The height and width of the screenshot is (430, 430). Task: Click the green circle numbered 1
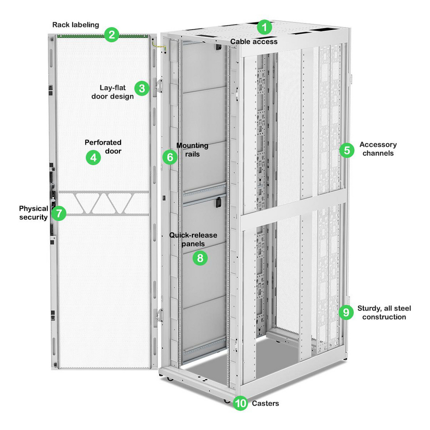pyautogui.click(x=264, y=27)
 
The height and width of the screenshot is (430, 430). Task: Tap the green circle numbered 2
pyautogui.click(x=111, y=35)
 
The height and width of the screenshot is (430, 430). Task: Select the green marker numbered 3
pyautogui.click(x=142, y=88)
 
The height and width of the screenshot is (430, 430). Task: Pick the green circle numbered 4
pyautogui.click(x=93, y=158)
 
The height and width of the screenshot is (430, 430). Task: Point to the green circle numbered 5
pyautogui.click(x=347, y=149)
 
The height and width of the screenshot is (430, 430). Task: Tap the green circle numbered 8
pyautogui.click(x=200, y=258)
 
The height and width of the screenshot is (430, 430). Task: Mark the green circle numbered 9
pyautogui.click(x=346, y=312)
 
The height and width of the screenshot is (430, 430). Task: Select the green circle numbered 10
pyautogui.click(x=240, y=403)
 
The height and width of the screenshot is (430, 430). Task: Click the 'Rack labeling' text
pyautogui.click(x=76, y=24)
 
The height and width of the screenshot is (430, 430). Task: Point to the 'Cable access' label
pyautogui.click(x=254, y=41)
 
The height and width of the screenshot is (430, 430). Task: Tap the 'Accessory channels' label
pyautogui.click(x=378, y=149)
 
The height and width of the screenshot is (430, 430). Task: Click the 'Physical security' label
pyautogui.click(x=34, y=213)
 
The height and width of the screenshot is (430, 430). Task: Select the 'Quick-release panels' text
pyautogui.click(x=192, y=239)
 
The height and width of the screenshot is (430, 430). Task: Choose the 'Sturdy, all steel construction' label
pyautogui.click(x=384, y=312)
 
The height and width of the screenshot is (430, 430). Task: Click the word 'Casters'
pyautogui.click(x=265, y=404)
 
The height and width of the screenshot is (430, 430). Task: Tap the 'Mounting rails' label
pyautogui.click(x=192, y=150)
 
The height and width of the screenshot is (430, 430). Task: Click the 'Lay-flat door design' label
pyautogui.click(x=117, y=92)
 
